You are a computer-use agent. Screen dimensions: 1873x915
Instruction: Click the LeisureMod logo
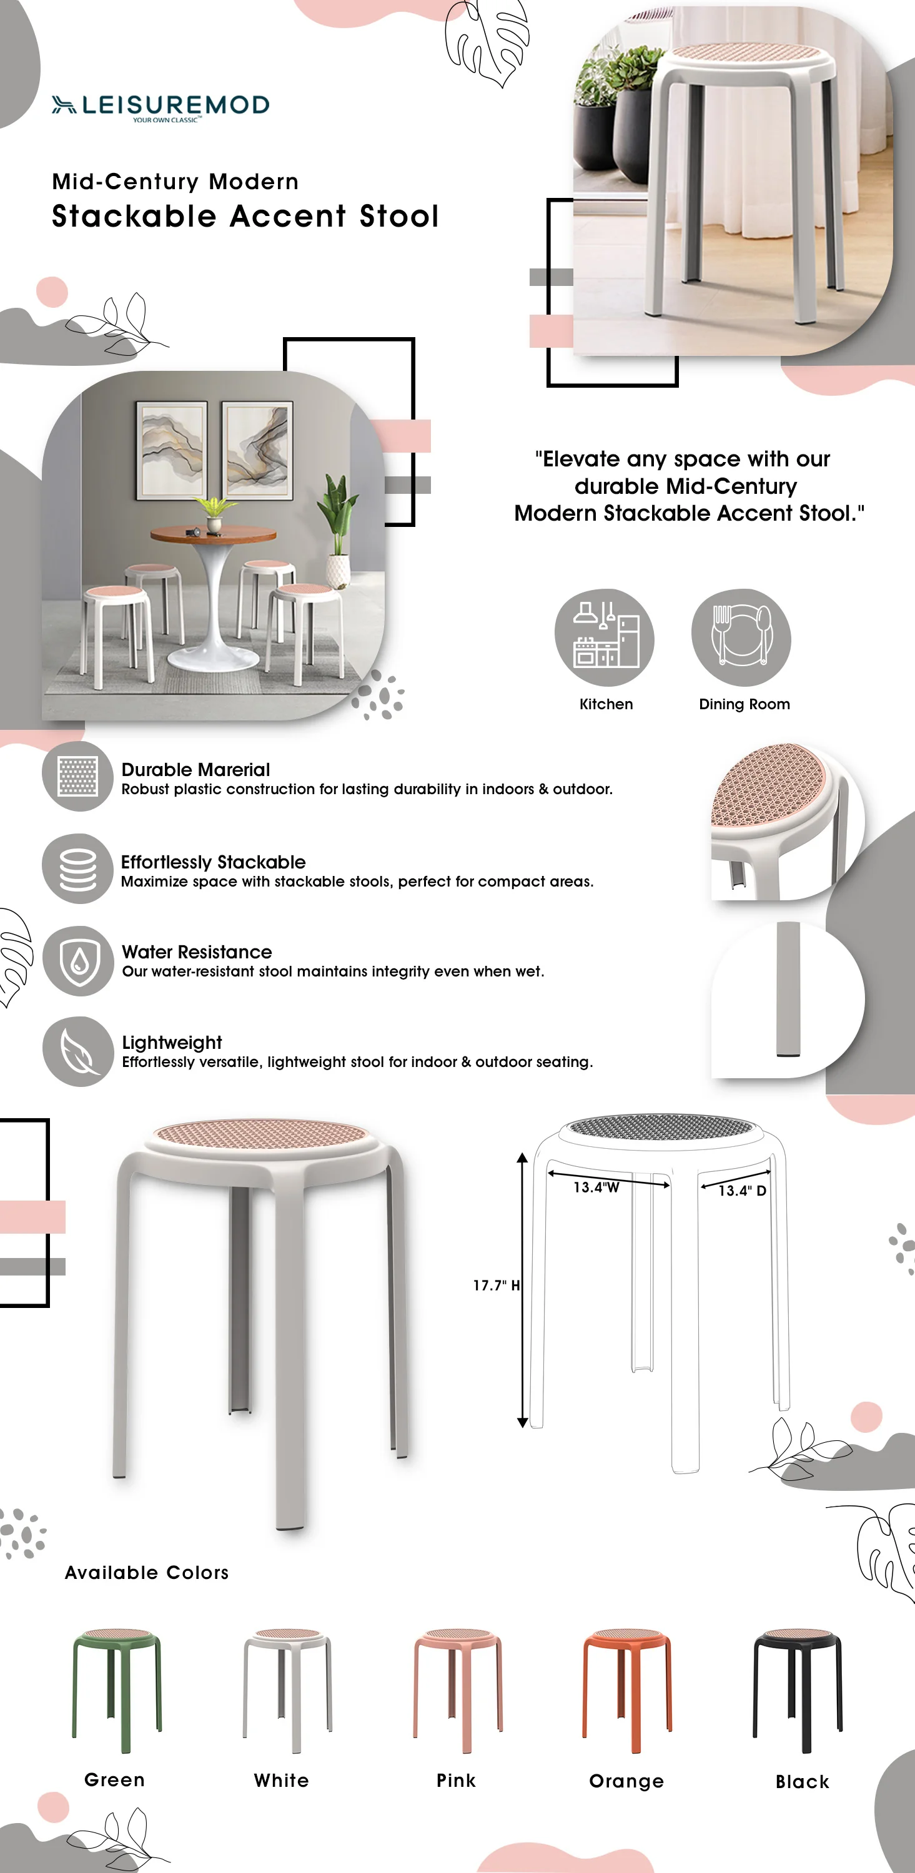[x=160, y=106]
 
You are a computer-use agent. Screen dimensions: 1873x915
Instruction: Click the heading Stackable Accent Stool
[x=245, y=217]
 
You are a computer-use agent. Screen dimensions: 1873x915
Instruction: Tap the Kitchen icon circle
[x=604, y=637]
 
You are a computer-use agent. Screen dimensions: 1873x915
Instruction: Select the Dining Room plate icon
[x=741, y=637]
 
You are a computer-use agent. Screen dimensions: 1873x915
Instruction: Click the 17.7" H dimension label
[x=496, y=1285]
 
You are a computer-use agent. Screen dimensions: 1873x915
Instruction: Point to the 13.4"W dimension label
[x=596, y=1187]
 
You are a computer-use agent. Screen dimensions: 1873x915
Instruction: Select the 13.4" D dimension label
[x=742, y=1190]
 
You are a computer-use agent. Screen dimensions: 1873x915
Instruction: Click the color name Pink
[x=456, y=1780]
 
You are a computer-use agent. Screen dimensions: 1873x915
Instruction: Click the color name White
[x=282, y=1780]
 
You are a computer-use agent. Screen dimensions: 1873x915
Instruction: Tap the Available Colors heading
[x=147, y=1572]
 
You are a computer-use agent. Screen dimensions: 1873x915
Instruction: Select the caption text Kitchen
[x=606, y=704]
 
